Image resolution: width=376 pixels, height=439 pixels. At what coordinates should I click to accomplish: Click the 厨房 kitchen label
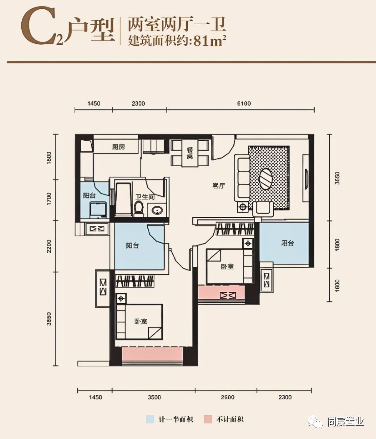pyautogui.click(x=118, y=147)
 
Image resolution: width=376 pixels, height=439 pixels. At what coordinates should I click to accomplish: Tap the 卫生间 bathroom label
pyautogui.click(x=145, y=197)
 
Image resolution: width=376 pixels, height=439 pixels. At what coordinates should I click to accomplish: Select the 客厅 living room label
pyautogui.click(x=219, y=186)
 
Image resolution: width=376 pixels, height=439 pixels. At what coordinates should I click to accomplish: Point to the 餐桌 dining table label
pyautogui.click(x=190, y=153)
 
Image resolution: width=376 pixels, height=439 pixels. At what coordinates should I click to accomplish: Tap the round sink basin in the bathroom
pyautogui.click(x=157, y=210)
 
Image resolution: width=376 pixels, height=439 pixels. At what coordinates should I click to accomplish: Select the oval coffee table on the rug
pyautogui.click(x=265, y=179)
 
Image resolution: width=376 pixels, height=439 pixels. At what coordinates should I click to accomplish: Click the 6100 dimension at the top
pyautogui.click(x=244, y=104)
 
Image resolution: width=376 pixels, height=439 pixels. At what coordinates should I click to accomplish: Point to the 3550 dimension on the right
pyautogui.click(x=337, y=178)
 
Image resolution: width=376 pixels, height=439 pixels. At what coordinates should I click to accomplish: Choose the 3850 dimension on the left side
pyautogui.click(x=49, y=319)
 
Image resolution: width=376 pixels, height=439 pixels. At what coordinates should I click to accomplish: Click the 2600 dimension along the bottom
pyautogui.click(x=227, y=397)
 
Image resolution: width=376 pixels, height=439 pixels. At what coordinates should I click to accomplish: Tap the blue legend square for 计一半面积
pyautogui.click(x=150, y=419)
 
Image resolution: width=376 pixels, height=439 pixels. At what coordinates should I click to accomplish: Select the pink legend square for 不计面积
pyautogui.click(x=208, y=419)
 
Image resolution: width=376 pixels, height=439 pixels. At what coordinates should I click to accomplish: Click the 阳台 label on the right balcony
pyautogui.click(x=287, y=243)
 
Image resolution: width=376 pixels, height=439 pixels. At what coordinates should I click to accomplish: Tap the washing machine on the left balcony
pyautogui.click(x=98, y=210)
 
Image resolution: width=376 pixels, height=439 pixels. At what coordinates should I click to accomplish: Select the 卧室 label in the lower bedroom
pyautogui.click(x=141, y=321)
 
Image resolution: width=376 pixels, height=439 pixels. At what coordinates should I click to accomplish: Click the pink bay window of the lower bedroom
pyautogui.click(x=152, y=355)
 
